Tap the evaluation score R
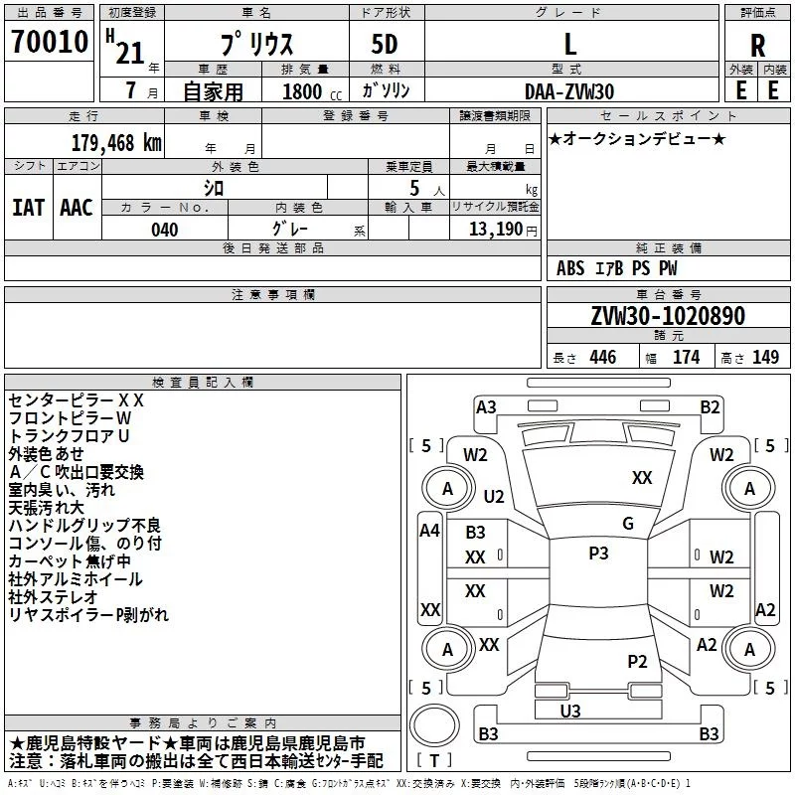pos(757,46)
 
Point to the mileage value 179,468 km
pos(116,141)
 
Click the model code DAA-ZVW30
pos(569,91)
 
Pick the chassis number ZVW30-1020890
pos(667,316)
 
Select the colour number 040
pos(165,231)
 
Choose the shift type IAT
pos(27,208)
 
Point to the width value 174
pos(686,358)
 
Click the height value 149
pos(764,358)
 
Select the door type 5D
pos(385,46)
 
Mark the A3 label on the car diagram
pos(486,406)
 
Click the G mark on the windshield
pos(627,524)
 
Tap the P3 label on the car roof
pos(598,554)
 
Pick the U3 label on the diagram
pos(570,711)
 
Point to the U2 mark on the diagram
pos(494,496)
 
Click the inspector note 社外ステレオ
pos(54,597)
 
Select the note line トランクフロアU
pos(70,436)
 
